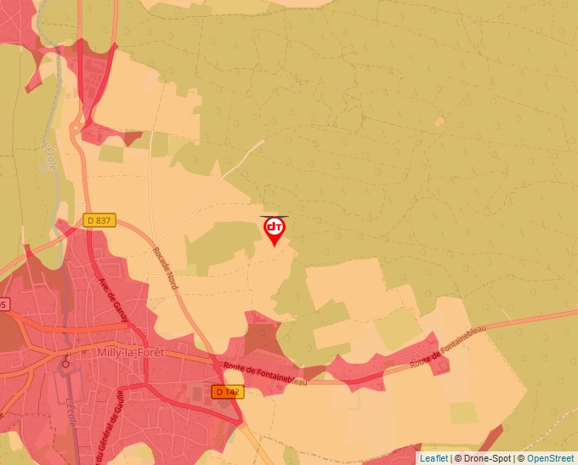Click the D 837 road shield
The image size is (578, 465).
(99, 220)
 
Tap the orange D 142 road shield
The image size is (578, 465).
(228, 392)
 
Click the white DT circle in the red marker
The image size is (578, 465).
(274, 227)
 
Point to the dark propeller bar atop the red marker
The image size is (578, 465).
(274, 217)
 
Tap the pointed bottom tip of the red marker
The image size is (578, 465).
(274, 247)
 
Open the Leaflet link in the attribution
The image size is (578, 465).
(433, 458)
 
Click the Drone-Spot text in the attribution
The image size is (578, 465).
(490, 458)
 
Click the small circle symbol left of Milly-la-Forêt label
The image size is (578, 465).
(65, 364)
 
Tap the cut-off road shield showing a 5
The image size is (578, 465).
(3, 303)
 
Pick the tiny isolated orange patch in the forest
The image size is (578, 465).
(439, 122)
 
